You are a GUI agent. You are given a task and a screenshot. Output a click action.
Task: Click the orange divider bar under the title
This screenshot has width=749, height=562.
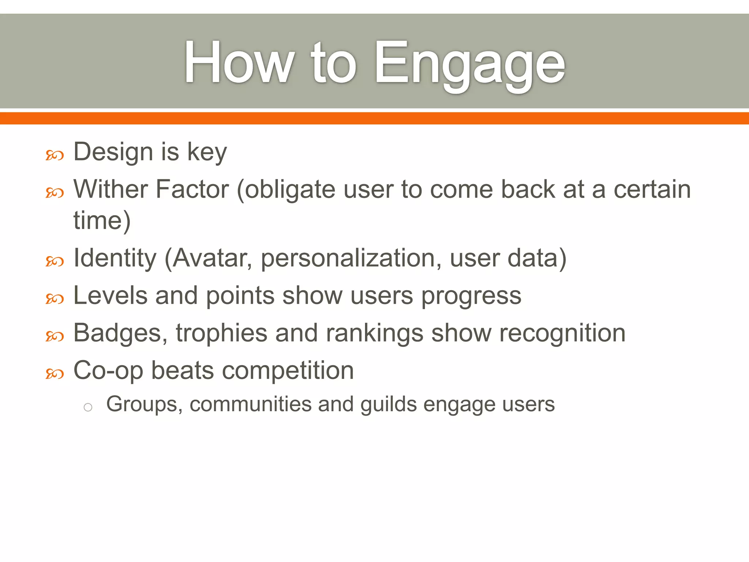[374, 118]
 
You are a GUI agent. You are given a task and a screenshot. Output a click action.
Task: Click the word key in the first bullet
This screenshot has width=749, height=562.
[207, 152]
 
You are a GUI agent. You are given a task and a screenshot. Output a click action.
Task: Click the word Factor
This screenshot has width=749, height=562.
[192, 189]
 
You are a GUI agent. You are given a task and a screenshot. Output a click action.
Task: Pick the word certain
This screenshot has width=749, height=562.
[652, 189]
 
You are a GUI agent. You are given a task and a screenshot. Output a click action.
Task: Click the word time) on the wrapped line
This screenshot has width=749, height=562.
[102, 221]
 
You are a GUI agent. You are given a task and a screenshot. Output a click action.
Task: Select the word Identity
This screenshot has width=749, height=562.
[115, 258]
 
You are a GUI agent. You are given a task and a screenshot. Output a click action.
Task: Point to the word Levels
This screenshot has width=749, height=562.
[110, 295]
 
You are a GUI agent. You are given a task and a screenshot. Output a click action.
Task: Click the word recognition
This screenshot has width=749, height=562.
[562, 333]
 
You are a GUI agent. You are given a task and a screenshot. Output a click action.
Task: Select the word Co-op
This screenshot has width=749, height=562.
[108, 371]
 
